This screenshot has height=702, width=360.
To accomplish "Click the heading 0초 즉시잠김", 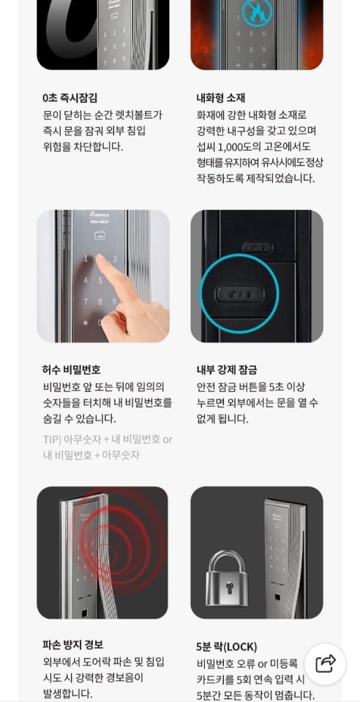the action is [70, 97].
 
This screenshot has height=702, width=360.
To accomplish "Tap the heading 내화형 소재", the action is [220, 97].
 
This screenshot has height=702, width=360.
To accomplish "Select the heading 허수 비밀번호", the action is [72, 370].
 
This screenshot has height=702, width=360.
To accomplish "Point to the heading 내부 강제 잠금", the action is [227, 370].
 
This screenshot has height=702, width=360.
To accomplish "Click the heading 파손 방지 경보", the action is [72, 645].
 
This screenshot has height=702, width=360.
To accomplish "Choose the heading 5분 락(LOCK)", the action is [227, 647].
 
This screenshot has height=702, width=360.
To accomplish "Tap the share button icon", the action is [325, 663].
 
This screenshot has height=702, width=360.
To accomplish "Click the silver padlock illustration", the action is [228, 578].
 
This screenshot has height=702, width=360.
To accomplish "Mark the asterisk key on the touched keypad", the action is [85, 322].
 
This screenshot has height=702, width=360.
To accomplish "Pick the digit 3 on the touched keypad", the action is [115, 259].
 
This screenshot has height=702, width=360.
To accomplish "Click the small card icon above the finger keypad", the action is [99, 234].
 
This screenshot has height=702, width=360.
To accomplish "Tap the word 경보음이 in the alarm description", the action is [130, 678].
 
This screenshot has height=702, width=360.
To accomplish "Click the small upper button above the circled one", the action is [258, 247].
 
